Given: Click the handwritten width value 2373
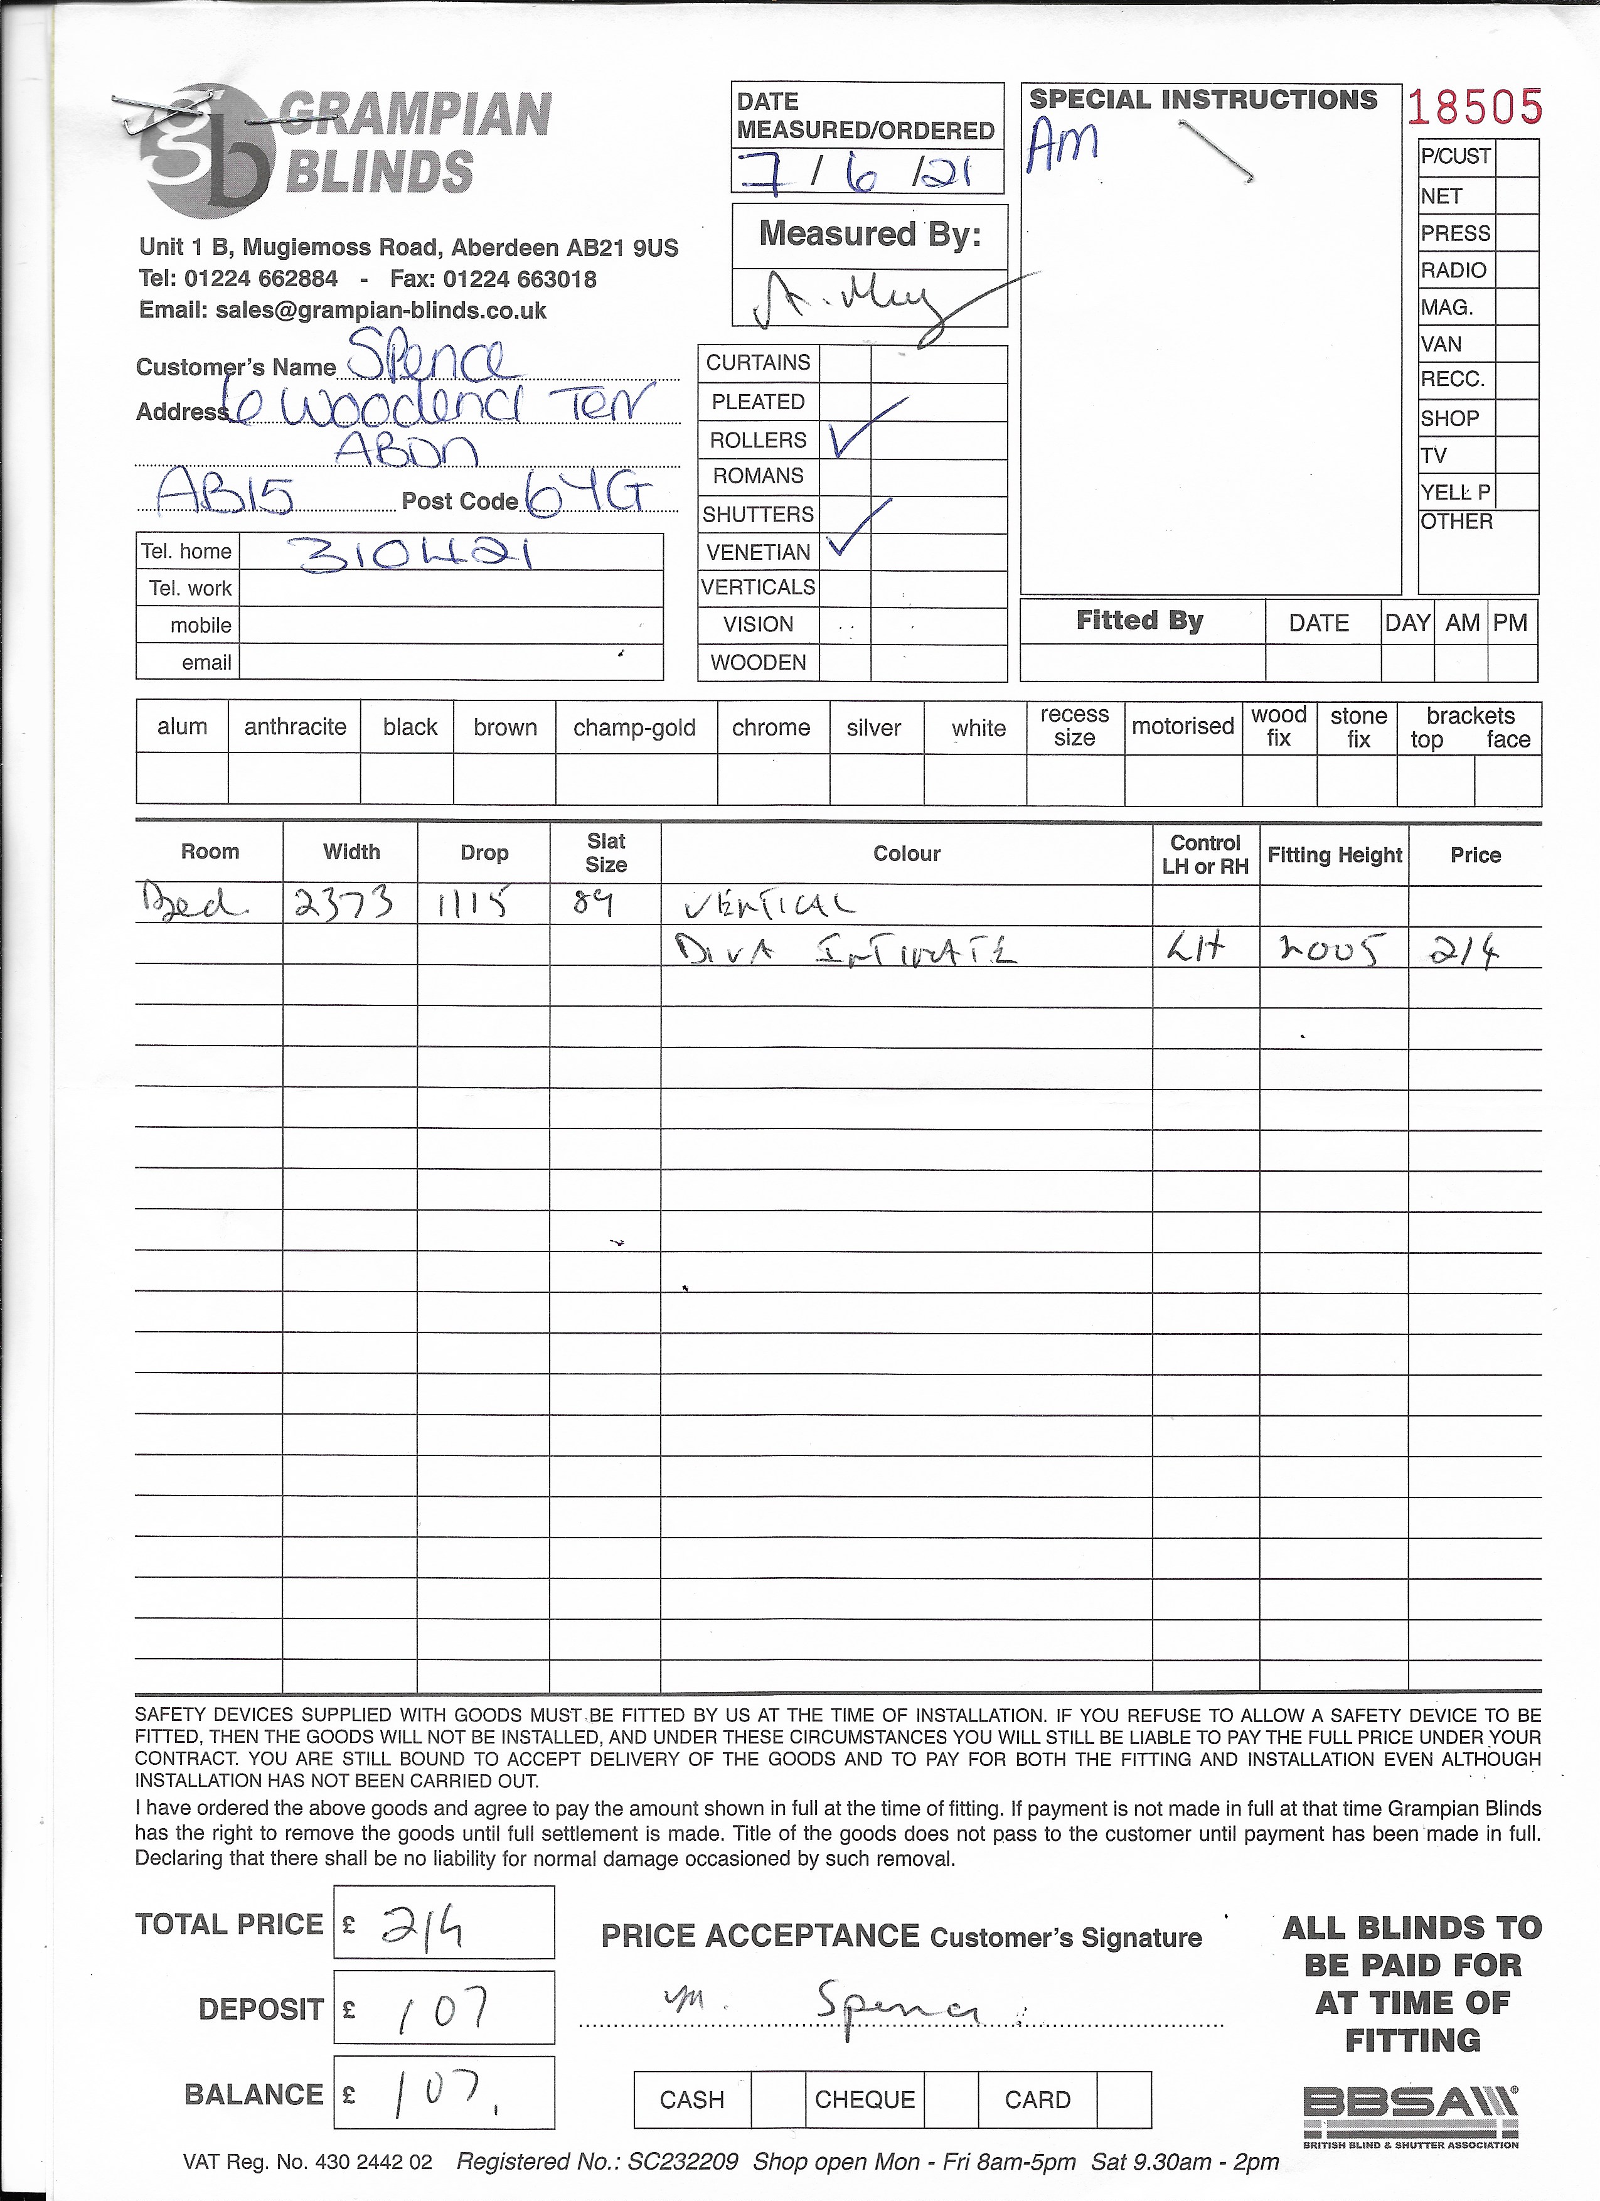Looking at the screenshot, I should tap(344, 904).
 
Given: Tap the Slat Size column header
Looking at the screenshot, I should tap(605, 853).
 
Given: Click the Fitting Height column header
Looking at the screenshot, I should tap(1334, 855).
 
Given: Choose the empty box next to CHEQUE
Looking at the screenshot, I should tap(951, 2099).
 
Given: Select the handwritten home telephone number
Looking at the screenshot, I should tap(417, 554).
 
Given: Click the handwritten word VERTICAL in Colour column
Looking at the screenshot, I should tap(769, 906).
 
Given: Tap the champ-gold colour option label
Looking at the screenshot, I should tap(634, 728).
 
